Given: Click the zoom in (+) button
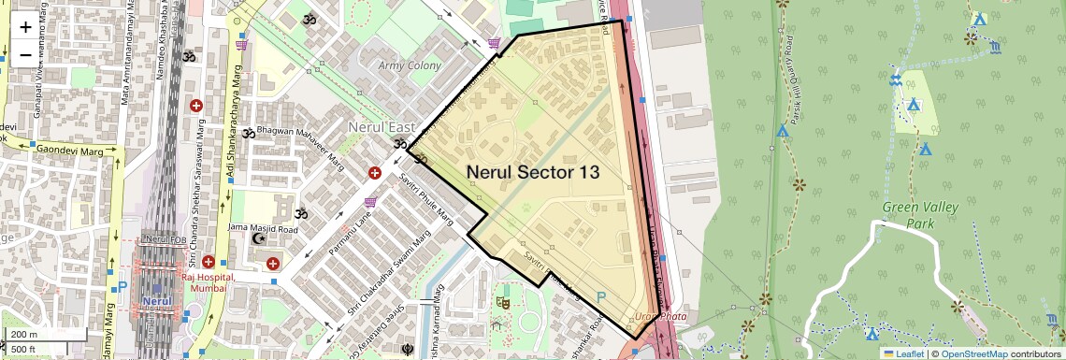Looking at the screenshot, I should pos(25,27).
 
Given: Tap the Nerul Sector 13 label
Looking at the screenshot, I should pos(533,172).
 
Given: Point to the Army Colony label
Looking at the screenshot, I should pos(410,66).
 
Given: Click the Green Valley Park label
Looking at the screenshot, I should pos(907,214).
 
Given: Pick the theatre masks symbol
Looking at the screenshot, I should pos(503,303).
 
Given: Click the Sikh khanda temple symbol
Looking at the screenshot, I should pos(407,351).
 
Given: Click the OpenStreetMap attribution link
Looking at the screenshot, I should pos(973,353).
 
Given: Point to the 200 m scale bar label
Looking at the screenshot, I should pos(24,335).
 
